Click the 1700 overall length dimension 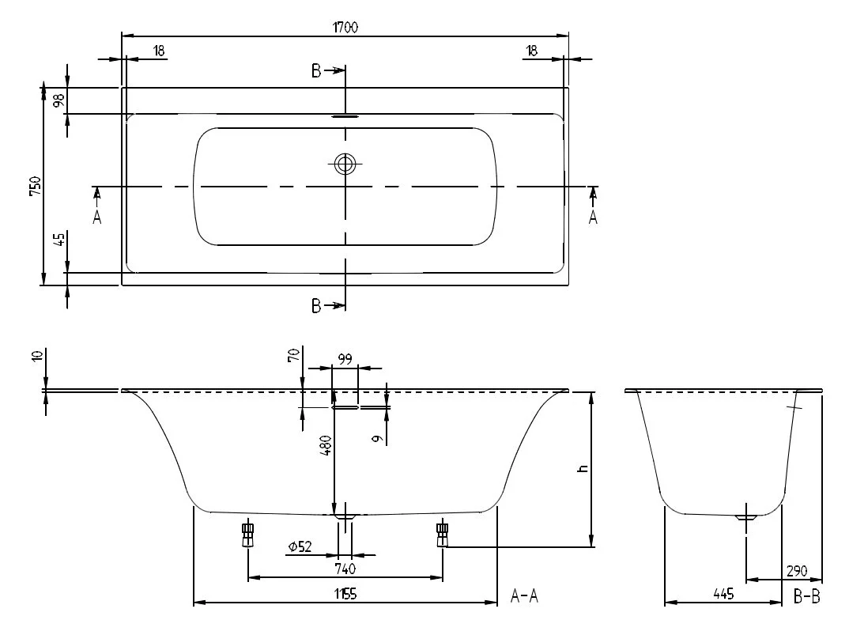pos(345,27)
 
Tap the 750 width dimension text pos(36,186)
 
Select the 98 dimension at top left pos(59,100)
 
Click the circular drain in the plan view pos(345,163)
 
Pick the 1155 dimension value pos(345,594)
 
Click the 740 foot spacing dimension pos(345,569)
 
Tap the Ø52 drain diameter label pos(300,546)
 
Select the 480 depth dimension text pos(326,445)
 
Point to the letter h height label pos(583,467)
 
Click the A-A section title pos(524,596)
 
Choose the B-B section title pos(807,596)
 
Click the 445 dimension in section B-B pos(723,594)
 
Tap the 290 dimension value pos(797,570)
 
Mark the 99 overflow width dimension pos(345,359)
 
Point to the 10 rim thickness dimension pos(37,356)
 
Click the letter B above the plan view pos(316,70)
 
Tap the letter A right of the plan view pos(594,217)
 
